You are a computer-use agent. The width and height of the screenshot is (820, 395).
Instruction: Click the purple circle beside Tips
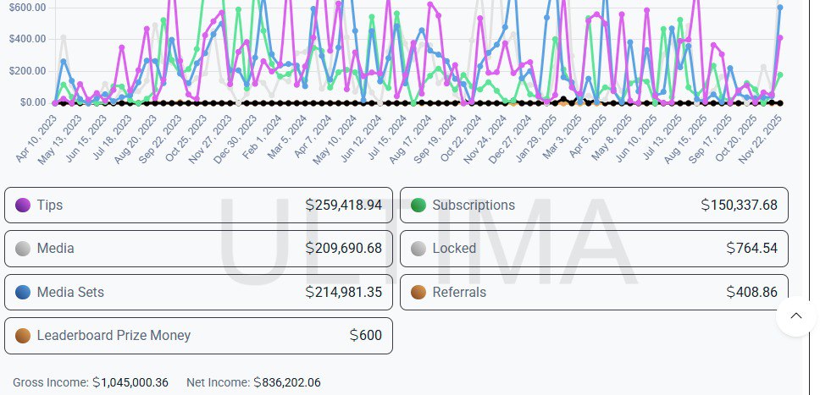tap(23, 206)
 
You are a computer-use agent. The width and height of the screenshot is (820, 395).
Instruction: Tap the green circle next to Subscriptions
tap(418, 206)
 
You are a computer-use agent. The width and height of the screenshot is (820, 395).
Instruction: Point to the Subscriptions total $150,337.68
tap(739, 206)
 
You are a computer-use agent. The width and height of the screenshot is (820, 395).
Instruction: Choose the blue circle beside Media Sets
tap(23, 293)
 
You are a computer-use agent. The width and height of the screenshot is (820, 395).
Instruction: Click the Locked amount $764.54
tap(751, 249)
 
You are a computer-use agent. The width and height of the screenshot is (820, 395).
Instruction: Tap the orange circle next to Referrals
tap(418, 293)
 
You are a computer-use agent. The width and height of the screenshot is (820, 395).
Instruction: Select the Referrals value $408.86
tap(751, 293)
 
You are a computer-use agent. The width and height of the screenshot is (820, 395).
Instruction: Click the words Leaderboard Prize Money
tap(114, 336)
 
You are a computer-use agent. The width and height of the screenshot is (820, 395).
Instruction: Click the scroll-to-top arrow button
tap(795, 316)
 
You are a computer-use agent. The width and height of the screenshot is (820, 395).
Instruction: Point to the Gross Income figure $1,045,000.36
tap(130, 383)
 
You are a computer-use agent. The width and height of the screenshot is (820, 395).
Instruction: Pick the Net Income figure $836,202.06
tap(287, 383)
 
